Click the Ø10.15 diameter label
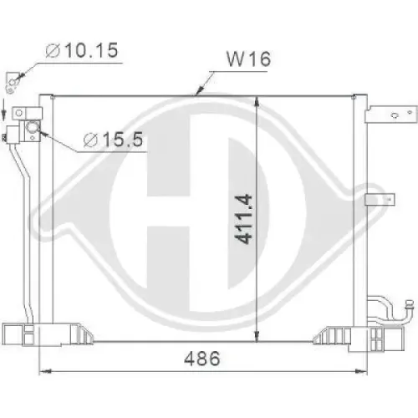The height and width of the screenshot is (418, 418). (x=81, y=52)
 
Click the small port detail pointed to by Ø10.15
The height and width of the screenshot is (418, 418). (x=10, y=80)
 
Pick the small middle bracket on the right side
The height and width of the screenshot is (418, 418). (x=380, y=200)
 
